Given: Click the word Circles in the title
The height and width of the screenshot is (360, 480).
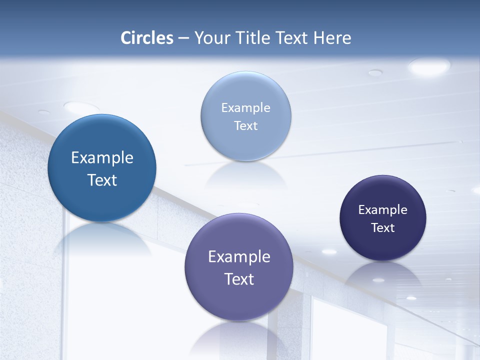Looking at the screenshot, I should click(147, 38).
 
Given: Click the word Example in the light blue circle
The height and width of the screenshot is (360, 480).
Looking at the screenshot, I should click(245, 108).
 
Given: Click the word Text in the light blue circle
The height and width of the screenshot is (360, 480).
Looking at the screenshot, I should click(245, 126).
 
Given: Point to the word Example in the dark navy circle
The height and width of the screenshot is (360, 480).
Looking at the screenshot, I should click(383, 210).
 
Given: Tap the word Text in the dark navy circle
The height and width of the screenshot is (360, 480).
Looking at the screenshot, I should click(383, 228).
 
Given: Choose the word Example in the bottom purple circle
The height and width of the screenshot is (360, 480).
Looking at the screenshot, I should click(239, 257).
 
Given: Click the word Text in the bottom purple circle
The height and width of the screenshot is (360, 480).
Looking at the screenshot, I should click(239, 279).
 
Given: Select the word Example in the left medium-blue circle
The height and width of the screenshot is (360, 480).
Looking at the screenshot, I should click(102, 158).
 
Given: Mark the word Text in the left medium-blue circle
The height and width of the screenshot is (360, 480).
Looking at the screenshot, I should click(102, 180).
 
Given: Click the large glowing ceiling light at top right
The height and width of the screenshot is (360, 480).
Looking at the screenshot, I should click(429, 66).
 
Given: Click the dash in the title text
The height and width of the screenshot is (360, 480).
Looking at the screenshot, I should click(183, 38).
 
